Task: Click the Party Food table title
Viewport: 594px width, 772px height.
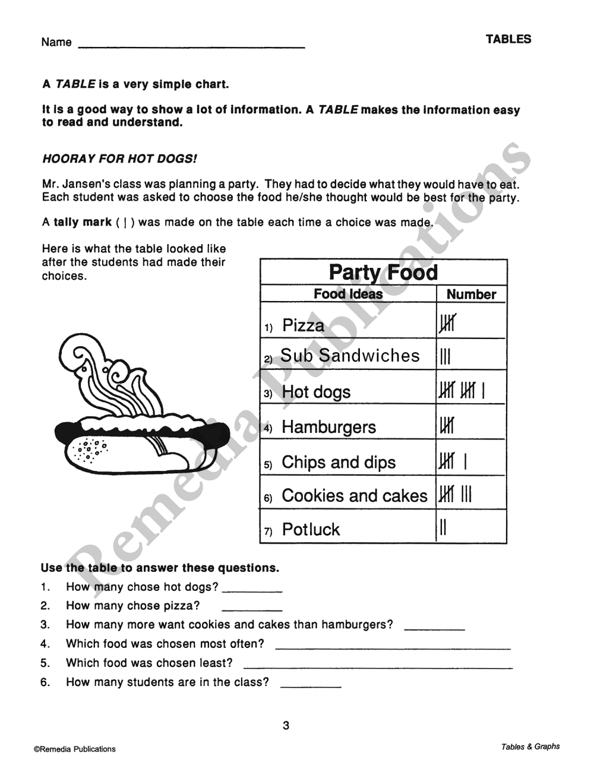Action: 383,273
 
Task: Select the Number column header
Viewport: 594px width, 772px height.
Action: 471,295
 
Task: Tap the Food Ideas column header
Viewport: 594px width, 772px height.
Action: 348,294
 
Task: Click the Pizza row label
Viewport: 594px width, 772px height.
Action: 303,325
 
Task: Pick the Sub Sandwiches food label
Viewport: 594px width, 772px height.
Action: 349,356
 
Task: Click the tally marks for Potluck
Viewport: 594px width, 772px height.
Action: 443,527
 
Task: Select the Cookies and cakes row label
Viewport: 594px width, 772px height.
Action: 354,496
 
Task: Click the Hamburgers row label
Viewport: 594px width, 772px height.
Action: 328,427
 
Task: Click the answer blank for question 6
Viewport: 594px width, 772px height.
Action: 310,685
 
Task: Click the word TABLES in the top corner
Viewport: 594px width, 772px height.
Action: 508,39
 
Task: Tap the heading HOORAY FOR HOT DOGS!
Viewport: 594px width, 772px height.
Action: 119,159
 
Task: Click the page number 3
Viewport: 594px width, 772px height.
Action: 286,725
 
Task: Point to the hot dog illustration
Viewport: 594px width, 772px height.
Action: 143,442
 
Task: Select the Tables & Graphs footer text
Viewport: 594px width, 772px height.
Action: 530,746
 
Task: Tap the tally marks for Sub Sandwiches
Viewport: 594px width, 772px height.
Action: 445,356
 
